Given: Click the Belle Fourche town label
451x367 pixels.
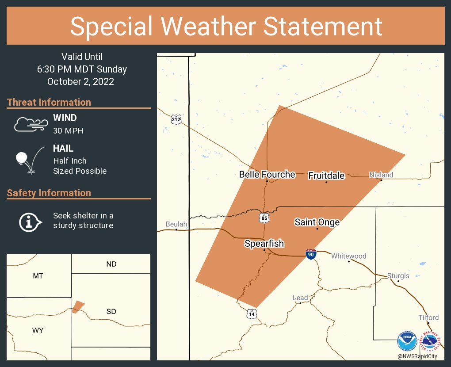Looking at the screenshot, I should (x=267, y=175).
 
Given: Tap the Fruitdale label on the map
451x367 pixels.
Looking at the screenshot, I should (x=326, y=176).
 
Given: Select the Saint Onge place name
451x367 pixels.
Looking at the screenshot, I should (x=317, y=222).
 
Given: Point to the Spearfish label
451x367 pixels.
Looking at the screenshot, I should (x=264, y=244).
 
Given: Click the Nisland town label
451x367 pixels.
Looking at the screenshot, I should (x=381, y=175).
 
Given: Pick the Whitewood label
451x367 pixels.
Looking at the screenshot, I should (x=349, y=256).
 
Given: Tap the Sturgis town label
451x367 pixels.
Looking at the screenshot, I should (x=398, y=275).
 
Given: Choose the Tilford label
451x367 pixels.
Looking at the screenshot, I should (x=429, y=317).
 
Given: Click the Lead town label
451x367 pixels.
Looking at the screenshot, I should (x=300, y=298).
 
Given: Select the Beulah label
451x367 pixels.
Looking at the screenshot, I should (x=176, y=224).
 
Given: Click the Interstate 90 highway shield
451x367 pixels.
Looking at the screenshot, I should (x=311, y=254).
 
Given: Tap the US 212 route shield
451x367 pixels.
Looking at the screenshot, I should (x=176, y=119).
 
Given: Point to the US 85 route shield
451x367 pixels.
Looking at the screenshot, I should (x=264, y=218).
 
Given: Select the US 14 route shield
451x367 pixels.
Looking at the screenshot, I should (x=252, y=313).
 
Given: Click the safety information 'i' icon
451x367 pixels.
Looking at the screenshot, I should (x=30, y=222).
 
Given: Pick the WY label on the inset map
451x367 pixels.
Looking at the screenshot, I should (x=38, y=330).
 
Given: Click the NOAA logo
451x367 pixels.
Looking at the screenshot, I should (x=406, y=341).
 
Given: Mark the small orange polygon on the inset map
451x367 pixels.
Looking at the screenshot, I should (x=78, y=306).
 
